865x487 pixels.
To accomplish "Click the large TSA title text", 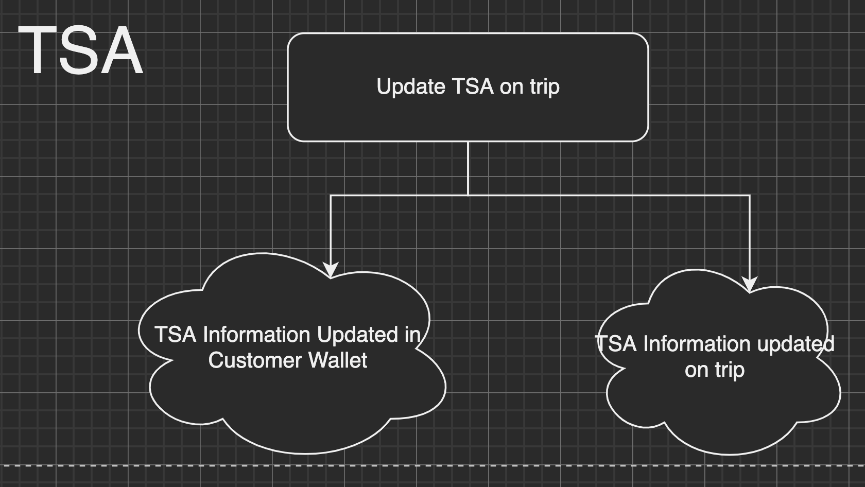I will (x=80, y=50).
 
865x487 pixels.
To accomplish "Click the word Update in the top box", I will (x=410, y=86).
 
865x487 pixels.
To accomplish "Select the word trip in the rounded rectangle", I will (x=544, y=87).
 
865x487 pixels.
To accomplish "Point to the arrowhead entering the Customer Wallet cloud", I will (x=331, y=270).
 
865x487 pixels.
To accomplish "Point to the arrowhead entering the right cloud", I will (x=750, y=284).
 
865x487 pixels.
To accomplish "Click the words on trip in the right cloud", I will (x=715, y=370).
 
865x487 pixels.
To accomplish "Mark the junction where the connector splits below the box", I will (x=468, y=195).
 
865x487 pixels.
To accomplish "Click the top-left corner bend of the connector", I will (x=331, y=195).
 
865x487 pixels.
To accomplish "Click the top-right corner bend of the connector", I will (x=750, y=195).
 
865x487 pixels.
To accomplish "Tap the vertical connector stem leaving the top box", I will (x=468, y=168).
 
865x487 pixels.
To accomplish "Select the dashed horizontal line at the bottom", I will (x=432, y=465).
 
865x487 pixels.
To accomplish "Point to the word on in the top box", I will (x=511, y=87).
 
